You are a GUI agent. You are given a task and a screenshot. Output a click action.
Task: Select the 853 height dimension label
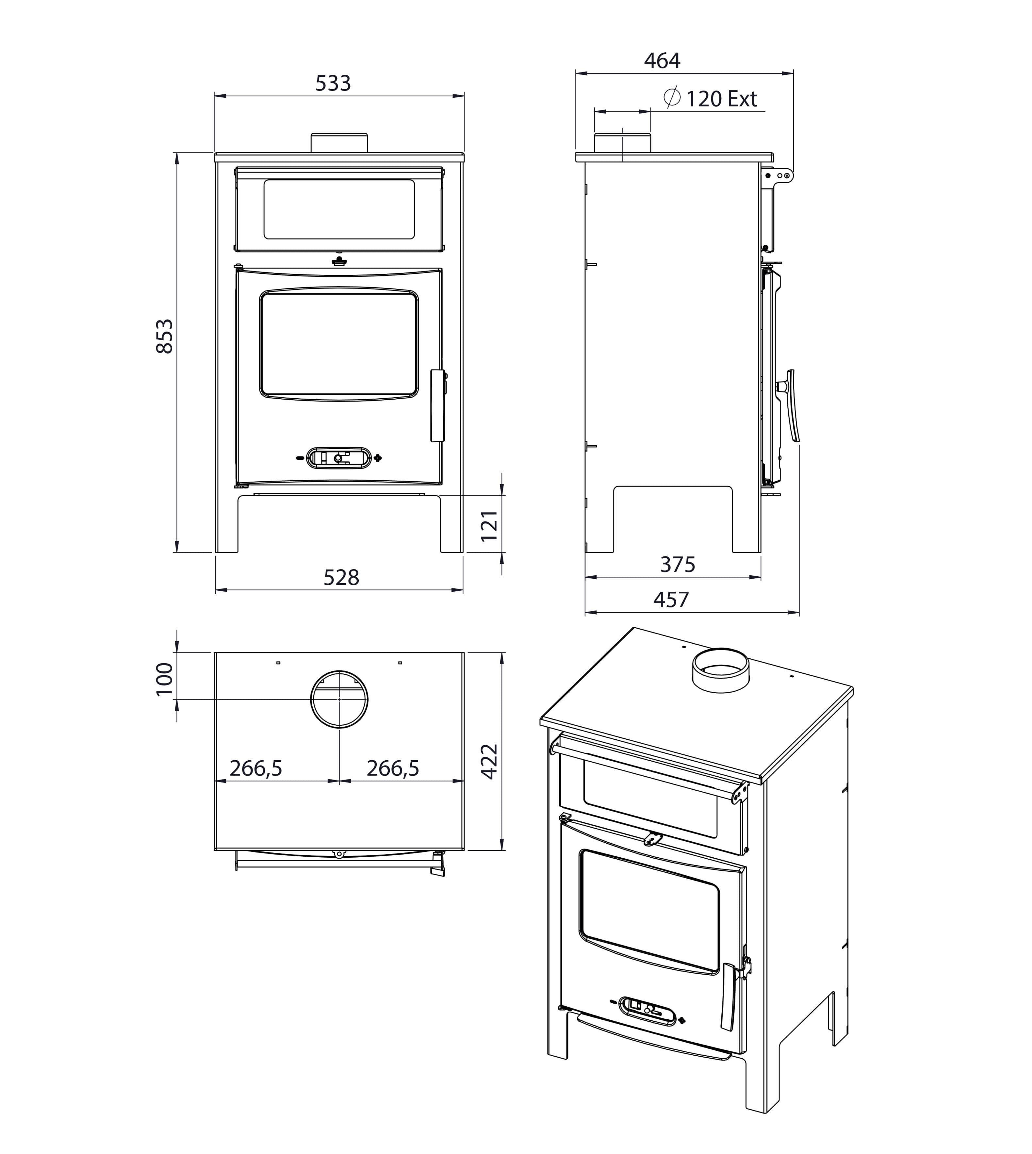pos(164,337)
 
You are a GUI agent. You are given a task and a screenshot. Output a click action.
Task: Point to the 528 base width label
pos(341,577)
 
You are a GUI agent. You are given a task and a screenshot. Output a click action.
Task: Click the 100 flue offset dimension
pos(164,679)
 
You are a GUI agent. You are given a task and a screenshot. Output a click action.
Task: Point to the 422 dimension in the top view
pos(489,761)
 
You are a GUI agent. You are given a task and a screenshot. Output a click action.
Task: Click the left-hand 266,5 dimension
pos(256,768)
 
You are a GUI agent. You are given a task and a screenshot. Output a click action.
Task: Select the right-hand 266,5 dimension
pos(393,768)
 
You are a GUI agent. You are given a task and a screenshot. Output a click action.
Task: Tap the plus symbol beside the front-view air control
pos(378,458)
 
